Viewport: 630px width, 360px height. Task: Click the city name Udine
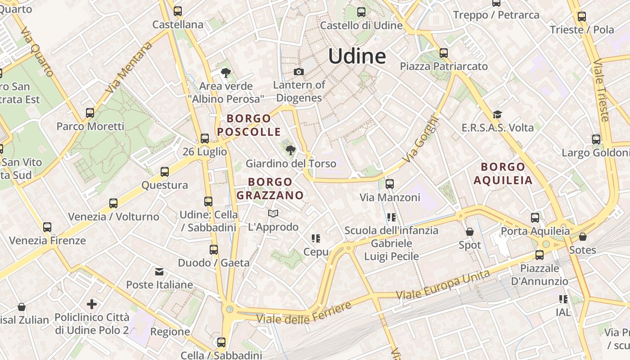pyautogui.click(x=357, y=56)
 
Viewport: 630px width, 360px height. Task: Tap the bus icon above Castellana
pyautogui.click(x=178, y=11)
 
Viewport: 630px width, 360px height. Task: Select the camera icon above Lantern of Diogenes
pyautogui.click(x=298, y=72)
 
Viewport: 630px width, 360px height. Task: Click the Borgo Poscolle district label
pyautogui.click(x=249, y=125)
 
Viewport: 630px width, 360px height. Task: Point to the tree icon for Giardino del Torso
pyautogui.click(x=291, y=150)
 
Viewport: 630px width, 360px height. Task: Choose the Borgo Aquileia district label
pyautogui.click(x=503, y=174)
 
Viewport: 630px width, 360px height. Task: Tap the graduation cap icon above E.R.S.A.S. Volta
pyautogui.click(x=497, y=115)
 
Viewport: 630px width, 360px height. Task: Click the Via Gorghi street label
pyautogui.click(x=420, y=139)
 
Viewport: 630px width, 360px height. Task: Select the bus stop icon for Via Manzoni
pyautogui.click(x=390, y=184)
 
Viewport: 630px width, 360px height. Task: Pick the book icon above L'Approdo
pyautogui.click(x=273, y=213)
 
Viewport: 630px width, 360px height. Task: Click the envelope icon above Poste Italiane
pyautogui.click(x=159, y=271)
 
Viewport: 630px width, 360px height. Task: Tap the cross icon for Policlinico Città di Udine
pyautogui.click(x=92, y=304)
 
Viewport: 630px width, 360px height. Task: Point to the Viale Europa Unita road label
pyautogui.click(x=443, y=285)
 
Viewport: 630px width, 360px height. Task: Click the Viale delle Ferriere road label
pyautogui.click(x=304, y=314)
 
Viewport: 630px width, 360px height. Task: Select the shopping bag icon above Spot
pyautogui.click(x=470, y=232)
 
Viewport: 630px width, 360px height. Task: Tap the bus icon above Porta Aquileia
pyautogui.click(x=535, y=218)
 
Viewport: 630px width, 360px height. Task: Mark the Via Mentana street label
pyautogui.click(x=129, y=68)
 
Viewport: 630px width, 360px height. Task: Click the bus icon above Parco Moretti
pyautogui.click(x=90, y=112)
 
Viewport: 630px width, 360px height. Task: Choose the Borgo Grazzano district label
pyautogui.click(x=270, y=188)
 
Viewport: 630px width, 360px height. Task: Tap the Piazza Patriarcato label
pyautogui.click(x=444, y=66)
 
